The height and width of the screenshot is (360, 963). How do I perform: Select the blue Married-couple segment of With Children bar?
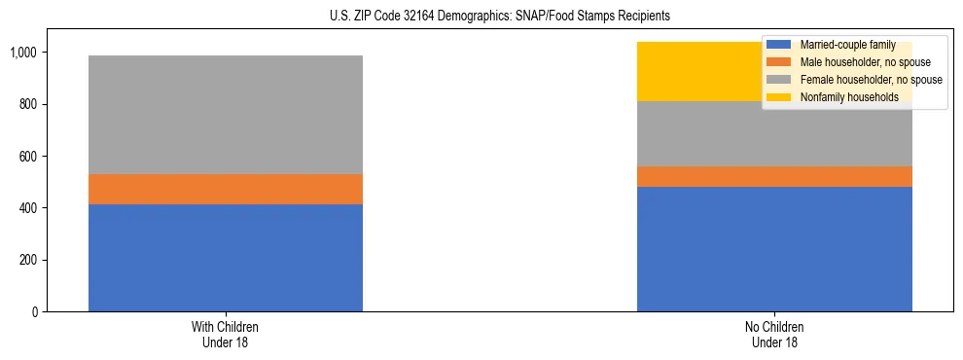pyautogui.click(x=226, y=258)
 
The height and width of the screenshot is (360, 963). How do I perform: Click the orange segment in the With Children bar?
pyautogui.click(x=226, y=189)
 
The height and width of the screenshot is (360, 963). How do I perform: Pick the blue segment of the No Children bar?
pyautogui.click(x=774, y=249)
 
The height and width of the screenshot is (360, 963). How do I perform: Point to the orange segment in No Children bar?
pyautogui.click(x=774, y=176)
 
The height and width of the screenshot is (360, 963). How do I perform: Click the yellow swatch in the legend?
pyautogui.click(x=779, y=97)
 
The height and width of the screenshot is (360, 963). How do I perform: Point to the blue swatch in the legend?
pyautogui.click(x=779, y=45)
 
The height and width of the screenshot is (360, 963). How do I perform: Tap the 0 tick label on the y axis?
pyautogui.click(x=36, y=312)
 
